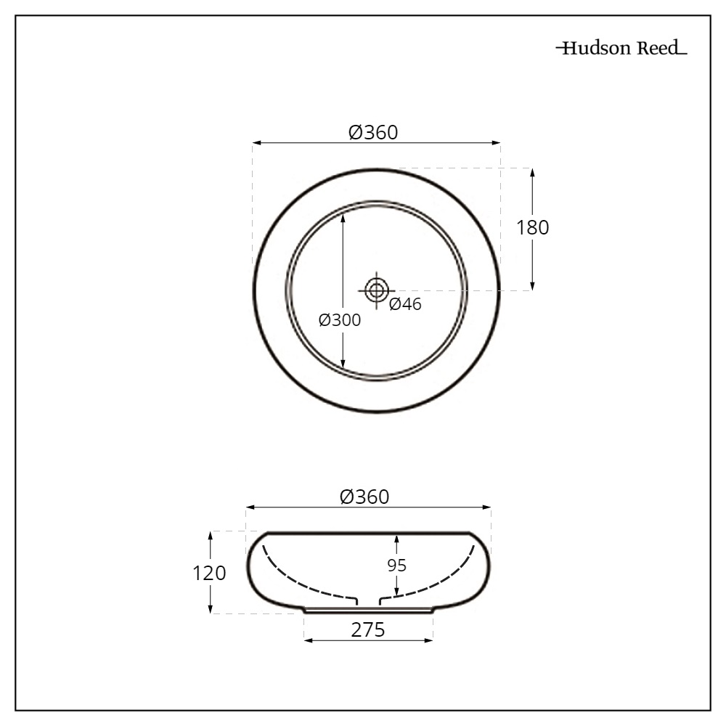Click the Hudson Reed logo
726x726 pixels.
621,49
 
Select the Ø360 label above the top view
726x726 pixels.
373,132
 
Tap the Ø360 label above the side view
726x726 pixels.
364,497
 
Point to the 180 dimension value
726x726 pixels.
532,227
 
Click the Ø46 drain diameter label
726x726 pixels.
404,304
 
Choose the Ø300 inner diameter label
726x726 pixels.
339,320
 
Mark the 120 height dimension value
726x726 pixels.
209,573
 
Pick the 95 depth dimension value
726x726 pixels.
396,566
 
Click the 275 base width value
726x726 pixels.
367,630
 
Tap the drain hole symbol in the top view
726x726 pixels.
376,290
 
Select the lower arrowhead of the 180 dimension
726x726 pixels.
532,286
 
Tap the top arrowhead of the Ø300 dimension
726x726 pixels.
343,210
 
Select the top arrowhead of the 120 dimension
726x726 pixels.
211,536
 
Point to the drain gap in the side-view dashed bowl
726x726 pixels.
369,600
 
